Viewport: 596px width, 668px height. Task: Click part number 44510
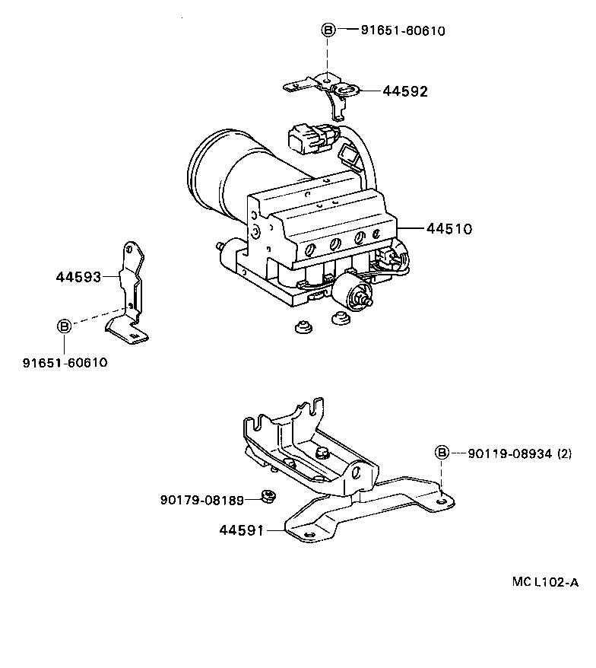(449, 228)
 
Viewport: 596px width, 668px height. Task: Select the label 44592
(405, 91)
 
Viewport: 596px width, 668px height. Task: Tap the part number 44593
(78, 277)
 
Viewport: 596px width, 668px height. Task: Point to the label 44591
(241, 530)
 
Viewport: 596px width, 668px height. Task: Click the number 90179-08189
(201, 500)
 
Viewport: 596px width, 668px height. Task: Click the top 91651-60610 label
(402, 31)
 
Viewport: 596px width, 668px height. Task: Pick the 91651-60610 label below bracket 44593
(65, 362)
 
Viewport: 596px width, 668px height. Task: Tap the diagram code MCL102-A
(545, 583)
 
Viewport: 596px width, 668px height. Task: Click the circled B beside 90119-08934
(441, 453)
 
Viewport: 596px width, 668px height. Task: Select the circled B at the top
(328, 30)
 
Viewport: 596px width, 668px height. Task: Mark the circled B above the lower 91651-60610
(65, 326)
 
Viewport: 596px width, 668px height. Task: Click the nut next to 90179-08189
(268, 498)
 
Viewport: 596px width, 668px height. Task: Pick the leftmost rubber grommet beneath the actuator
(301, 327)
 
